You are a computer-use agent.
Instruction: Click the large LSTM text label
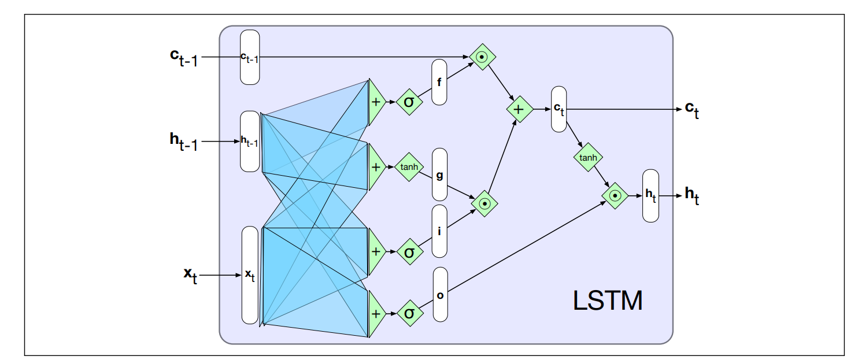[608, 301]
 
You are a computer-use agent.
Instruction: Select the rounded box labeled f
[439, 82]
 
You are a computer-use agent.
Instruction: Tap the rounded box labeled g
[439, 174]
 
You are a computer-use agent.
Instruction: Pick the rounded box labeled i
[439, 231]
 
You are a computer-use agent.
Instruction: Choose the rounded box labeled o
[441, 294]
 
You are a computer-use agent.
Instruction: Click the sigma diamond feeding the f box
[409, 102]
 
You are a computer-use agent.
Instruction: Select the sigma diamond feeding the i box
[409, 251]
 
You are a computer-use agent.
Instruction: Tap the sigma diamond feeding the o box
[409, 313]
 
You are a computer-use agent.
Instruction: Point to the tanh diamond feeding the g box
[409, 167]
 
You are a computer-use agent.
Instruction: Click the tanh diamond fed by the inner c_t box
[588, 157]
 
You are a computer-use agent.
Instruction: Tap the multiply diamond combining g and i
[485, 203]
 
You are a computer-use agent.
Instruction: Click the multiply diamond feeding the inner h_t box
[615, 196]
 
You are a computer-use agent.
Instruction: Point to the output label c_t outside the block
[692, 110]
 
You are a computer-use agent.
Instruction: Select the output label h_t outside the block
[692, 195]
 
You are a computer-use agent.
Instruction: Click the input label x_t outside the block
[191, 275]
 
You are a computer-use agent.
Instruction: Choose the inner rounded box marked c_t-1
[250, 57]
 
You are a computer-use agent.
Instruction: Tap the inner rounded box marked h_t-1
[250, 142]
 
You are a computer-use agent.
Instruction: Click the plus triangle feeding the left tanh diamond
[376, 166]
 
